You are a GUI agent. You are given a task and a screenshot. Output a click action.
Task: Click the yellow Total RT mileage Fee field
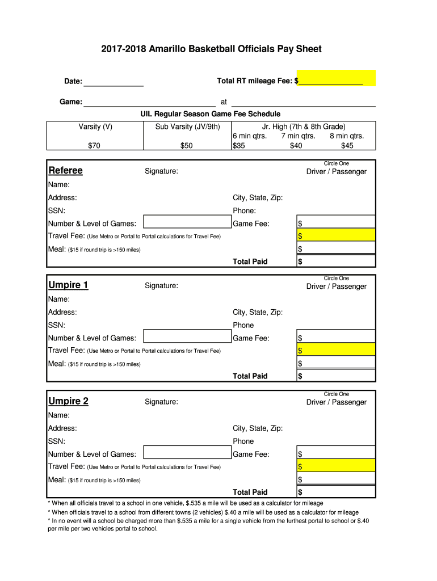(335, 78)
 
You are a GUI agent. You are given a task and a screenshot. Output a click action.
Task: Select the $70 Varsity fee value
(94, 146)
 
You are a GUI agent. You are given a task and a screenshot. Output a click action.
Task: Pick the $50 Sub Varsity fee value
(187, 146)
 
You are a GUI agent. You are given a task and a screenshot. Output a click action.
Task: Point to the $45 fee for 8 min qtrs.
(347, 146)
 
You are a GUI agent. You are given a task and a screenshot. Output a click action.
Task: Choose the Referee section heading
(65, 171)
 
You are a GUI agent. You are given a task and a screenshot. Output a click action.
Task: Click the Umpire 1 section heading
(68, 285)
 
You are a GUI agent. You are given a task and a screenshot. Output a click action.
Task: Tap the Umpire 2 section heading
(68, 401)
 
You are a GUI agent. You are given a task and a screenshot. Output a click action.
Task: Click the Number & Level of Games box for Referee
(187, 224)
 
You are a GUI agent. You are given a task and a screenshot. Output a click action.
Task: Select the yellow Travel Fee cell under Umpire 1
(337, 350)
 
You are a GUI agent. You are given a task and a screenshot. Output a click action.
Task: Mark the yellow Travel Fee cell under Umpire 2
(337, 466)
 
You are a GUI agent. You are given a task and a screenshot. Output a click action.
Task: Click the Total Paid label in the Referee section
(250, 262)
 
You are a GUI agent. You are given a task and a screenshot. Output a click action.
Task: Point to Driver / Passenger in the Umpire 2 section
(337, 402)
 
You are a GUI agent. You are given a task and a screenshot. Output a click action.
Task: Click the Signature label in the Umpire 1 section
(161, 286)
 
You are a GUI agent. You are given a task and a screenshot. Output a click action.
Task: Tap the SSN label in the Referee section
(56, 210)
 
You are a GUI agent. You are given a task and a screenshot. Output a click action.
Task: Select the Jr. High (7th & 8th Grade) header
(304, 127)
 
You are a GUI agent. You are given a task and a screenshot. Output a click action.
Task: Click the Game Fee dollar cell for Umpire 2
(337, 454)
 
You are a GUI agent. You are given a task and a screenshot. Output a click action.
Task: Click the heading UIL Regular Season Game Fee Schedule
(211, 114)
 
